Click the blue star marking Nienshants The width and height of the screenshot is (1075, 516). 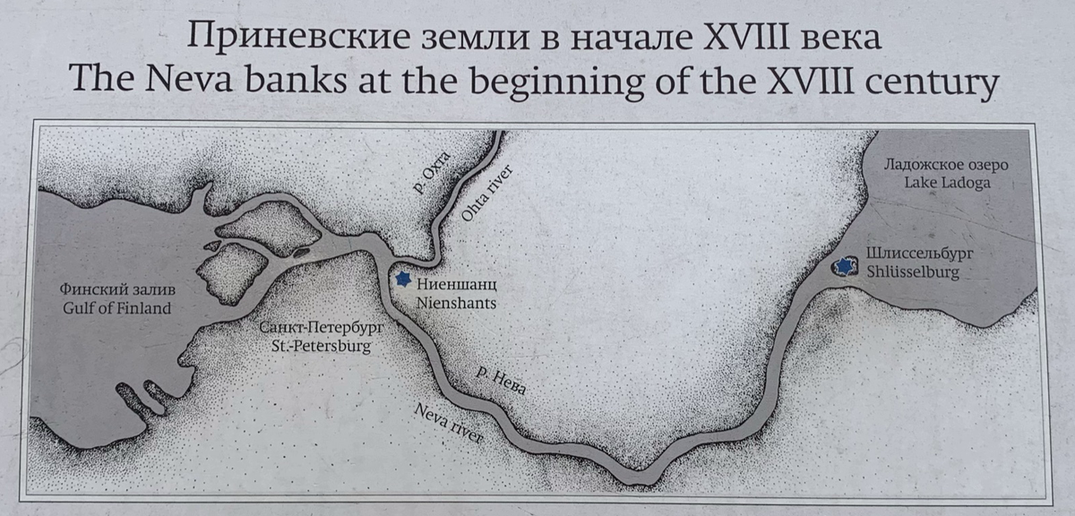(403, 280)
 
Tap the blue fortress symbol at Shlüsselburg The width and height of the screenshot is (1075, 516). (844, 266)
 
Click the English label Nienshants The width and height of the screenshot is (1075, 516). (456, 303)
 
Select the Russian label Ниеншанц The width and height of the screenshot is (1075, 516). (457, 286)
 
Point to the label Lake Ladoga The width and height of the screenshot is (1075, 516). (948, 184)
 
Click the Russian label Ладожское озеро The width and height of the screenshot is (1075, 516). (946, 166)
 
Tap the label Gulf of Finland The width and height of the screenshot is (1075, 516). (117, 309)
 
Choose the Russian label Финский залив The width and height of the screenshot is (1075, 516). (117, 290)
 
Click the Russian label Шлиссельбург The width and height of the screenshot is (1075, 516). (919, 254)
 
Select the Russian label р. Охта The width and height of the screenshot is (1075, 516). (432, 173)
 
